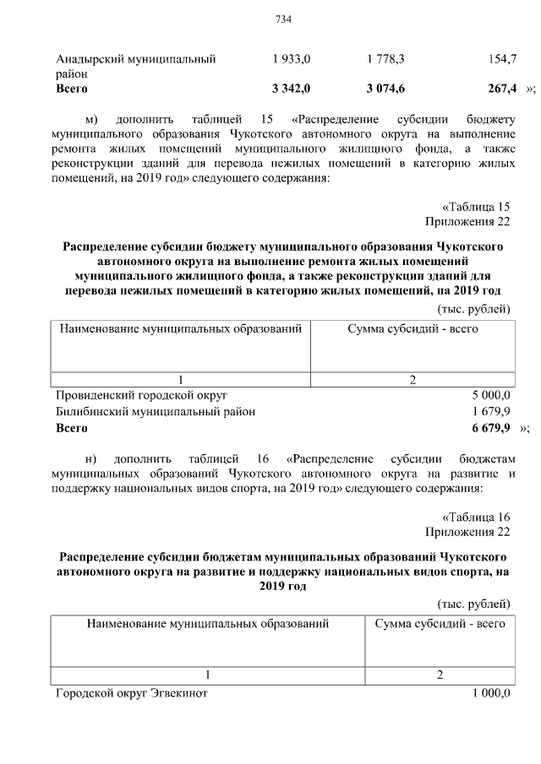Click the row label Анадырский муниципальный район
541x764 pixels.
[x=135, y=66]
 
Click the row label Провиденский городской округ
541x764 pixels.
[x=141, y=394]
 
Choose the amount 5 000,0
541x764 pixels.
[x=491, y=394]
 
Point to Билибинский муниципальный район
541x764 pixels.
[x=156, y=411]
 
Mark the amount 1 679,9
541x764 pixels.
[x=491, y=411]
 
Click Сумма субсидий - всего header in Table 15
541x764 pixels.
[x=413, y=328]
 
